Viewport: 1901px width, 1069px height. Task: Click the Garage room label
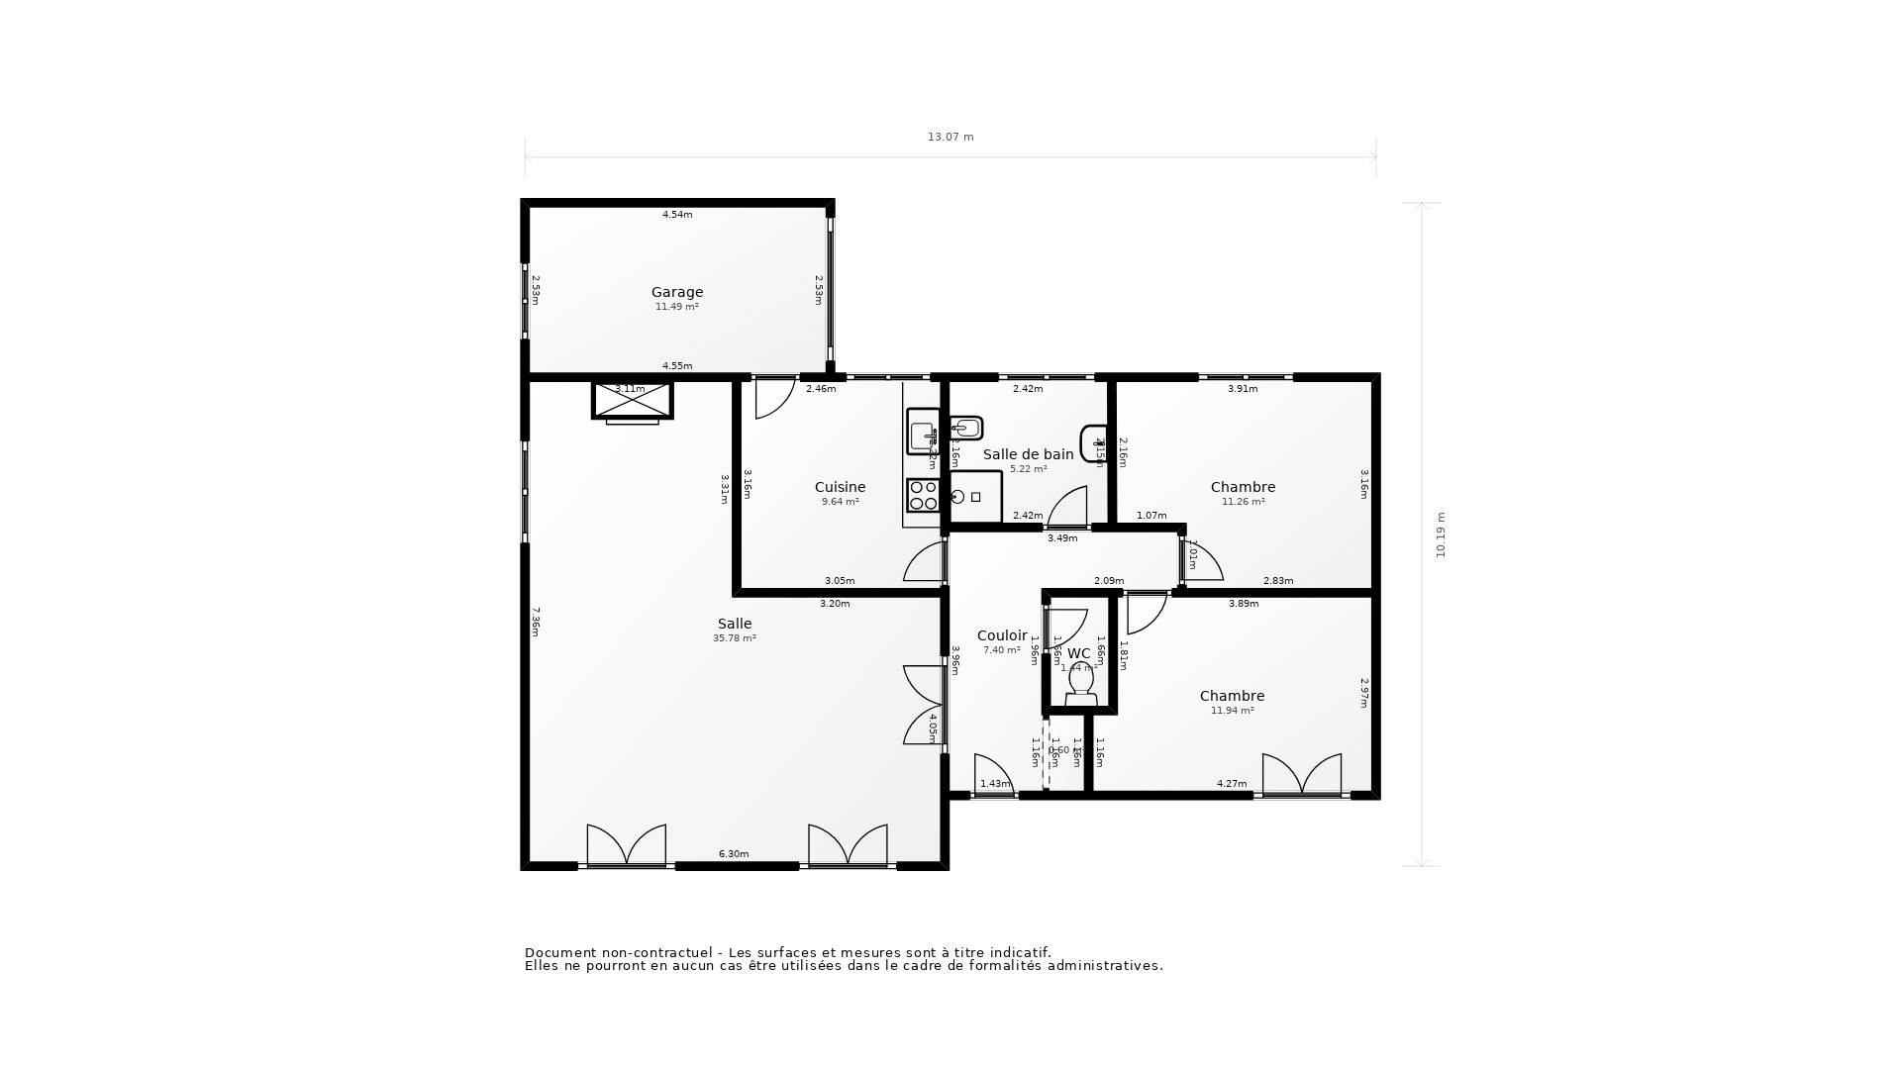[x=677, y=292]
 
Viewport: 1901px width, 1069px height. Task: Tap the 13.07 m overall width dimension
[x=950, y=138]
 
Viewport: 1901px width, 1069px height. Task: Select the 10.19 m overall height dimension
[x=1441, y=534]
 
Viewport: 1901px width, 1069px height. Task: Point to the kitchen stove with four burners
[x=923, y=495]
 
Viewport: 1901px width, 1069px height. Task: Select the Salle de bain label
[x=1028, y=454]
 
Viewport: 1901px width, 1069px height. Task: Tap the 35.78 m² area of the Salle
[x=734, y=638]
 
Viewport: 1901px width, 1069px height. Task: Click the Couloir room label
[x=1001, y=635]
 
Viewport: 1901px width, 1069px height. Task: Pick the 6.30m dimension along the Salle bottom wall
[x=734, y=854]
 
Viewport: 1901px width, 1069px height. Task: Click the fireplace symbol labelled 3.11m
[x=632, y=401]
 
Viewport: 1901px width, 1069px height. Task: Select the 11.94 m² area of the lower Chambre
[x=1232, y=711]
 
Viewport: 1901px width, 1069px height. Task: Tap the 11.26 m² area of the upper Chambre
[x=1243, y=502]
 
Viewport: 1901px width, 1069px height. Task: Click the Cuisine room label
[x=840, y=487]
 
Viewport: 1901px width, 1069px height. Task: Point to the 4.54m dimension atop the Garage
[x=677, y=215]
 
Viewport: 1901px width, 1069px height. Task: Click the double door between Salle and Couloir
[x=923, y=705]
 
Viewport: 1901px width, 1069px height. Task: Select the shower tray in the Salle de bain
[x=975, y=496]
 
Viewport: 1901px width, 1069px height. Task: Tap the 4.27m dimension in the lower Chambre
[x=1232, y=784]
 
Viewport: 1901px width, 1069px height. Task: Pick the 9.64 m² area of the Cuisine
[x=840, y=502]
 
